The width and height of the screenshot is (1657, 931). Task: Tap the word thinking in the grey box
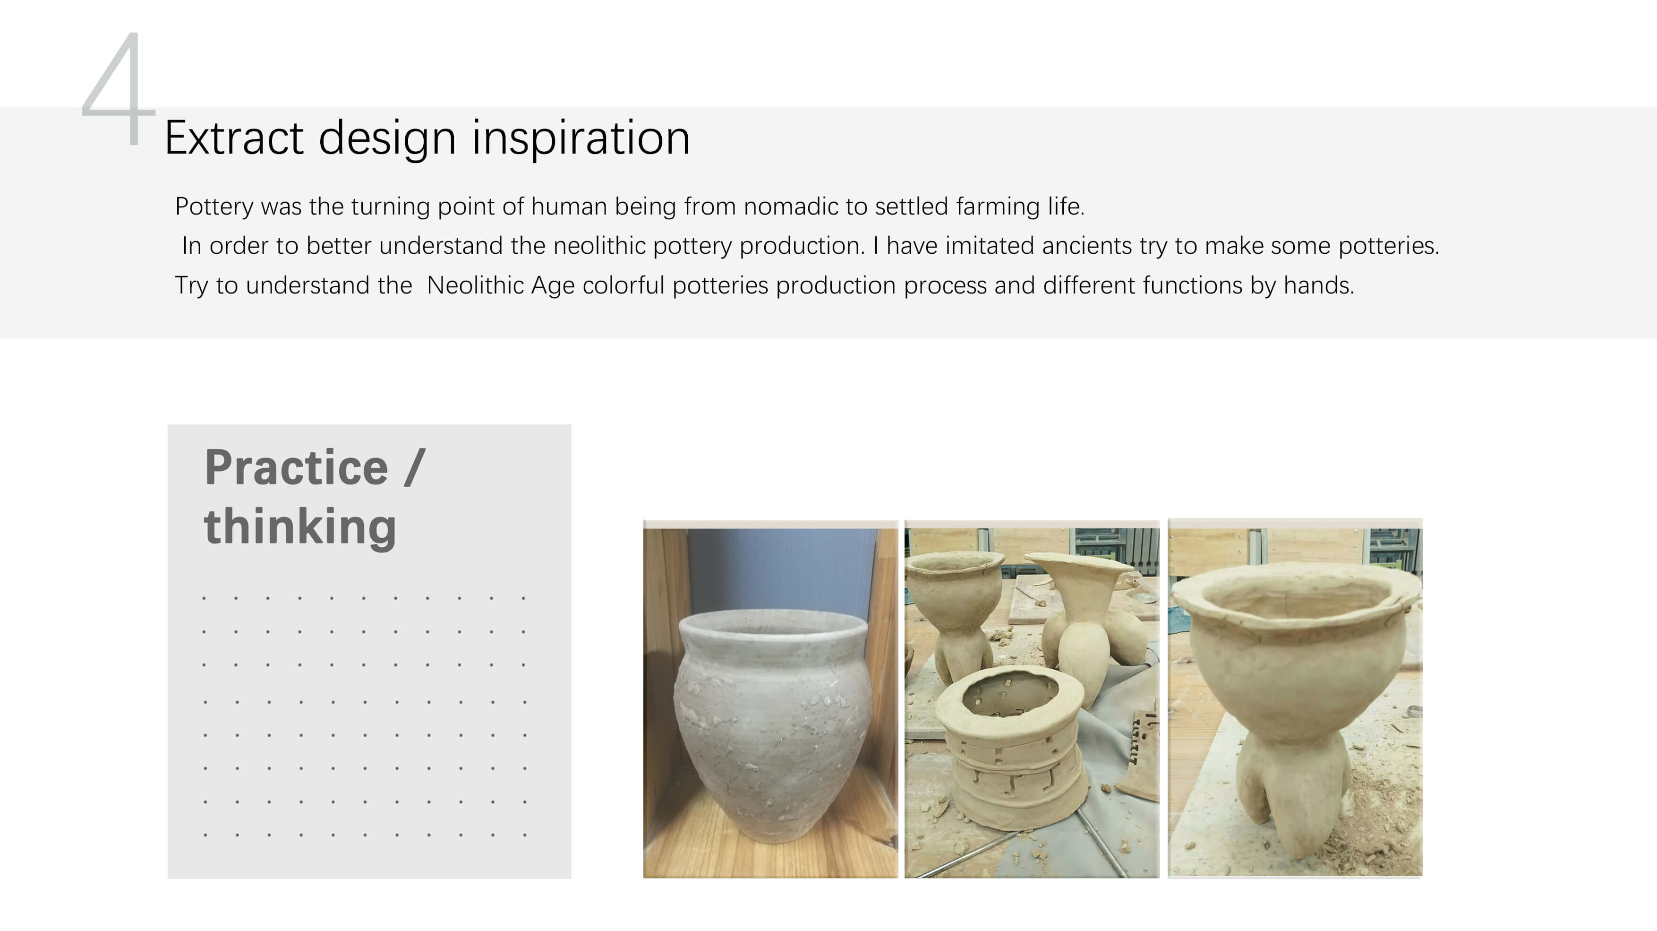(x=300, y=527)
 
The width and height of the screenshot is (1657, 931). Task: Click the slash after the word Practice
(x=415, y=468)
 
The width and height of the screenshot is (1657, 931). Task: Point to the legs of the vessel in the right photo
(x=1293, y=798)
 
